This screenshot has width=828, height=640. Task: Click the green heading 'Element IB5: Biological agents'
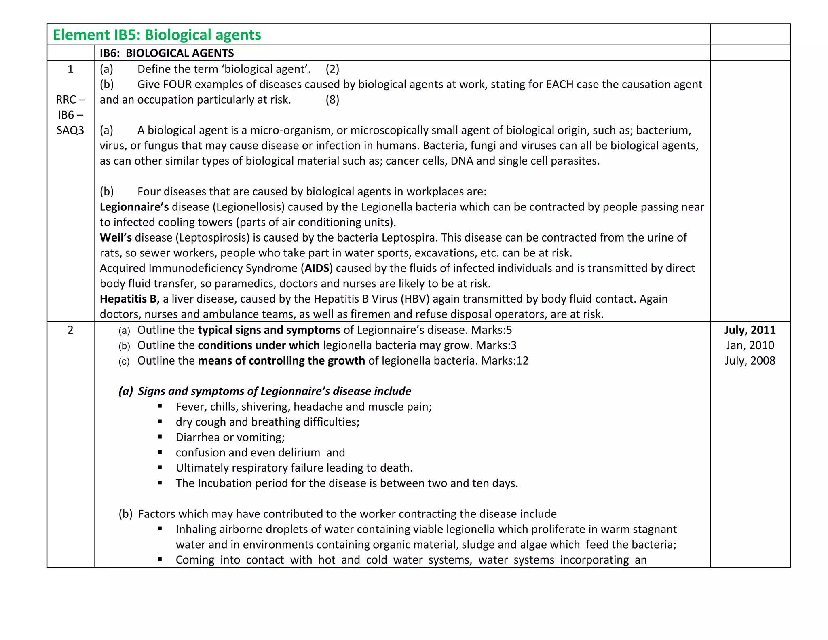pos(157,35)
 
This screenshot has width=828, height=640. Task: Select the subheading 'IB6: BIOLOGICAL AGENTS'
pos(167,53)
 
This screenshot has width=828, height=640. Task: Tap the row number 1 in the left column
pos(70,69)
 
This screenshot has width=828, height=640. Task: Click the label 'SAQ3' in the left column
pos(70,130)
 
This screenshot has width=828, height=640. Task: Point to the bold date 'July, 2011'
pos(750,330)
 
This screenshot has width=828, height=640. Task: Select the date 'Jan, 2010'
pos(750,345)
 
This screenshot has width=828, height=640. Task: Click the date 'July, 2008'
pos(750,360)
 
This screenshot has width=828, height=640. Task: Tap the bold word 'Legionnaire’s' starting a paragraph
pos(134,207)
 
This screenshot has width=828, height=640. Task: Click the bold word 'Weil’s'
pos(116,237)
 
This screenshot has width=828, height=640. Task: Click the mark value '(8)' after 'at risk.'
pos(332,100)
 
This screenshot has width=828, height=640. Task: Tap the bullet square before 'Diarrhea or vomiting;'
pos(160,437)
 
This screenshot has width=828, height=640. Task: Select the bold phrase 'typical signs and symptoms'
pos(269,330)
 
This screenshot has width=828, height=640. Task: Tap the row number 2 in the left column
pos(70,330)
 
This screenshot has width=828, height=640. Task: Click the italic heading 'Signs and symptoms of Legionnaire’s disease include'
pos(274,391)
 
